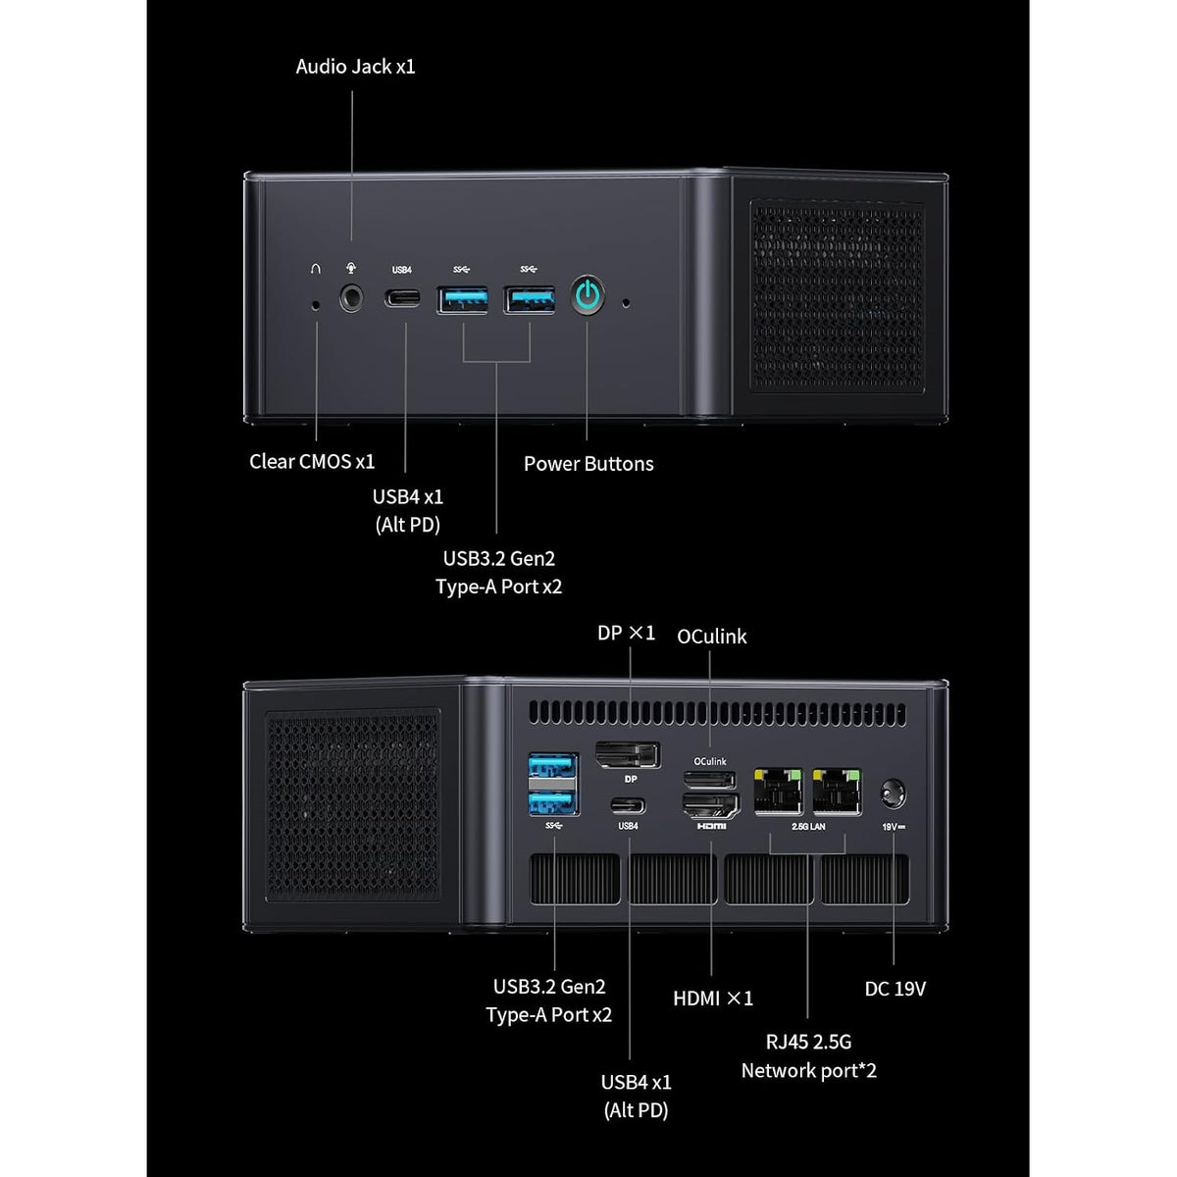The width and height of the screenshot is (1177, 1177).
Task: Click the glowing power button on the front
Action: point(588,296)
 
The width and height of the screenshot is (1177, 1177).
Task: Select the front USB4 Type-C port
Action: point(402,298)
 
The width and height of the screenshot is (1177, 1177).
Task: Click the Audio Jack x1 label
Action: point(355,67)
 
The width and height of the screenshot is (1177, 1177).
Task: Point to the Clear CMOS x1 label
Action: point(312,461)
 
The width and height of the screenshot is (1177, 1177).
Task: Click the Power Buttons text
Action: point(588,464)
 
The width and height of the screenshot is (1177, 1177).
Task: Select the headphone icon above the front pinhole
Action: point(315,269)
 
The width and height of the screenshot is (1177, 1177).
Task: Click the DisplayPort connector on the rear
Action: point(628,755)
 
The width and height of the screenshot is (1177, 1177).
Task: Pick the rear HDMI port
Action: point(711,805)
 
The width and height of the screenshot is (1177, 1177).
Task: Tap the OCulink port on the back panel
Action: point(710,780)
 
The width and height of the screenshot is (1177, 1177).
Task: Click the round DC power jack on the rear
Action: point(893,794)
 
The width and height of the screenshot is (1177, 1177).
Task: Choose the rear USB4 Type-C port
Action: point(628,806)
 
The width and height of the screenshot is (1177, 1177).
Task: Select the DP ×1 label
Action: point(626,633)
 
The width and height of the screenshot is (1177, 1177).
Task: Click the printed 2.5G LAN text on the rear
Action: point(808,827)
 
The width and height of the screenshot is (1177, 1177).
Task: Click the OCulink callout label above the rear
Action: point(711,637)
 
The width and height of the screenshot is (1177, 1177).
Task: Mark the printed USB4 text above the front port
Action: point(402,270)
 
